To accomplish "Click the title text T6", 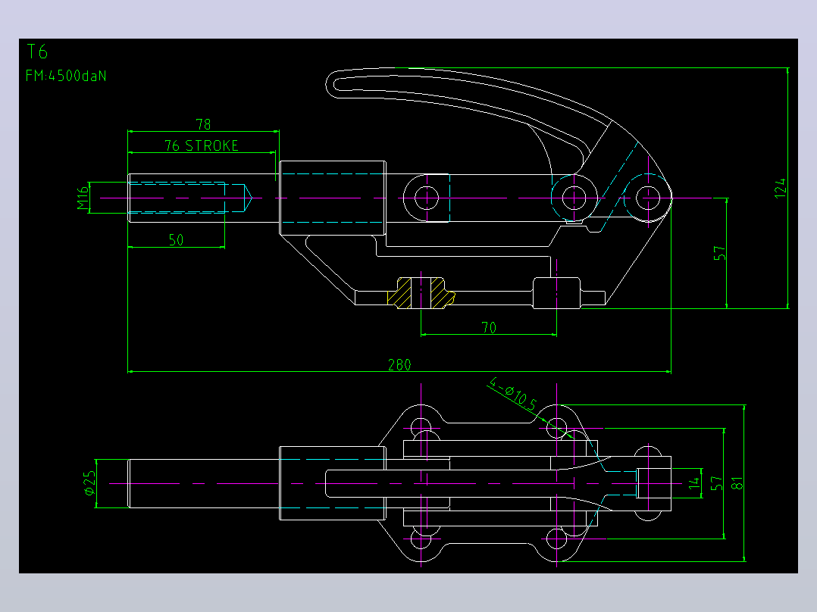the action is (x=37, y=52).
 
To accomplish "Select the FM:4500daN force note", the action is (x=66, y=76).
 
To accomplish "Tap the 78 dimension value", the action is (x=203, y=124).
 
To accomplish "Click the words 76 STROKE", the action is (x=202, y=146).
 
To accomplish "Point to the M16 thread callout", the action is (x=83, y=198).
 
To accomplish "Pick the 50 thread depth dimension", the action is (x=176, y=240).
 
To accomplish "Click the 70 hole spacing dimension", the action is (x=489, y=328).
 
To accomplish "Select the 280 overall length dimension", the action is (x=399, y=364).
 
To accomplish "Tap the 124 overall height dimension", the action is (x=780, y=188).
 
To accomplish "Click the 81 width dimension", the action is (x=737, y=483).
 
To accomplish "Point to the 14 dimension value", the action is (x=694, y=483).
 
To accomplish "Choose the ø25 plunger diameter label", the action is (x=89, y=482).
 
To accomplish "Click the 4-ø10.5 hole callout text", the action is (x=513, y=394).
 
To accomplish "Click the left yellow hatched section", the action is (x=399, y=292).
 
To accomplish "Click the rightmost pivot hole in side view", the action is (x=648, y=198).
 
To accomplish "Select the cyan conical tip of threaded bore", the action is (x=248, y=198).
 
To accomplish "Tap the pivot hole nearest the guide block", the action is (x=427, y=198).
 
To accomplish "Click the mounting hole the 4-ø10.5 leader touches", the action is (x=556, y=429).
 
